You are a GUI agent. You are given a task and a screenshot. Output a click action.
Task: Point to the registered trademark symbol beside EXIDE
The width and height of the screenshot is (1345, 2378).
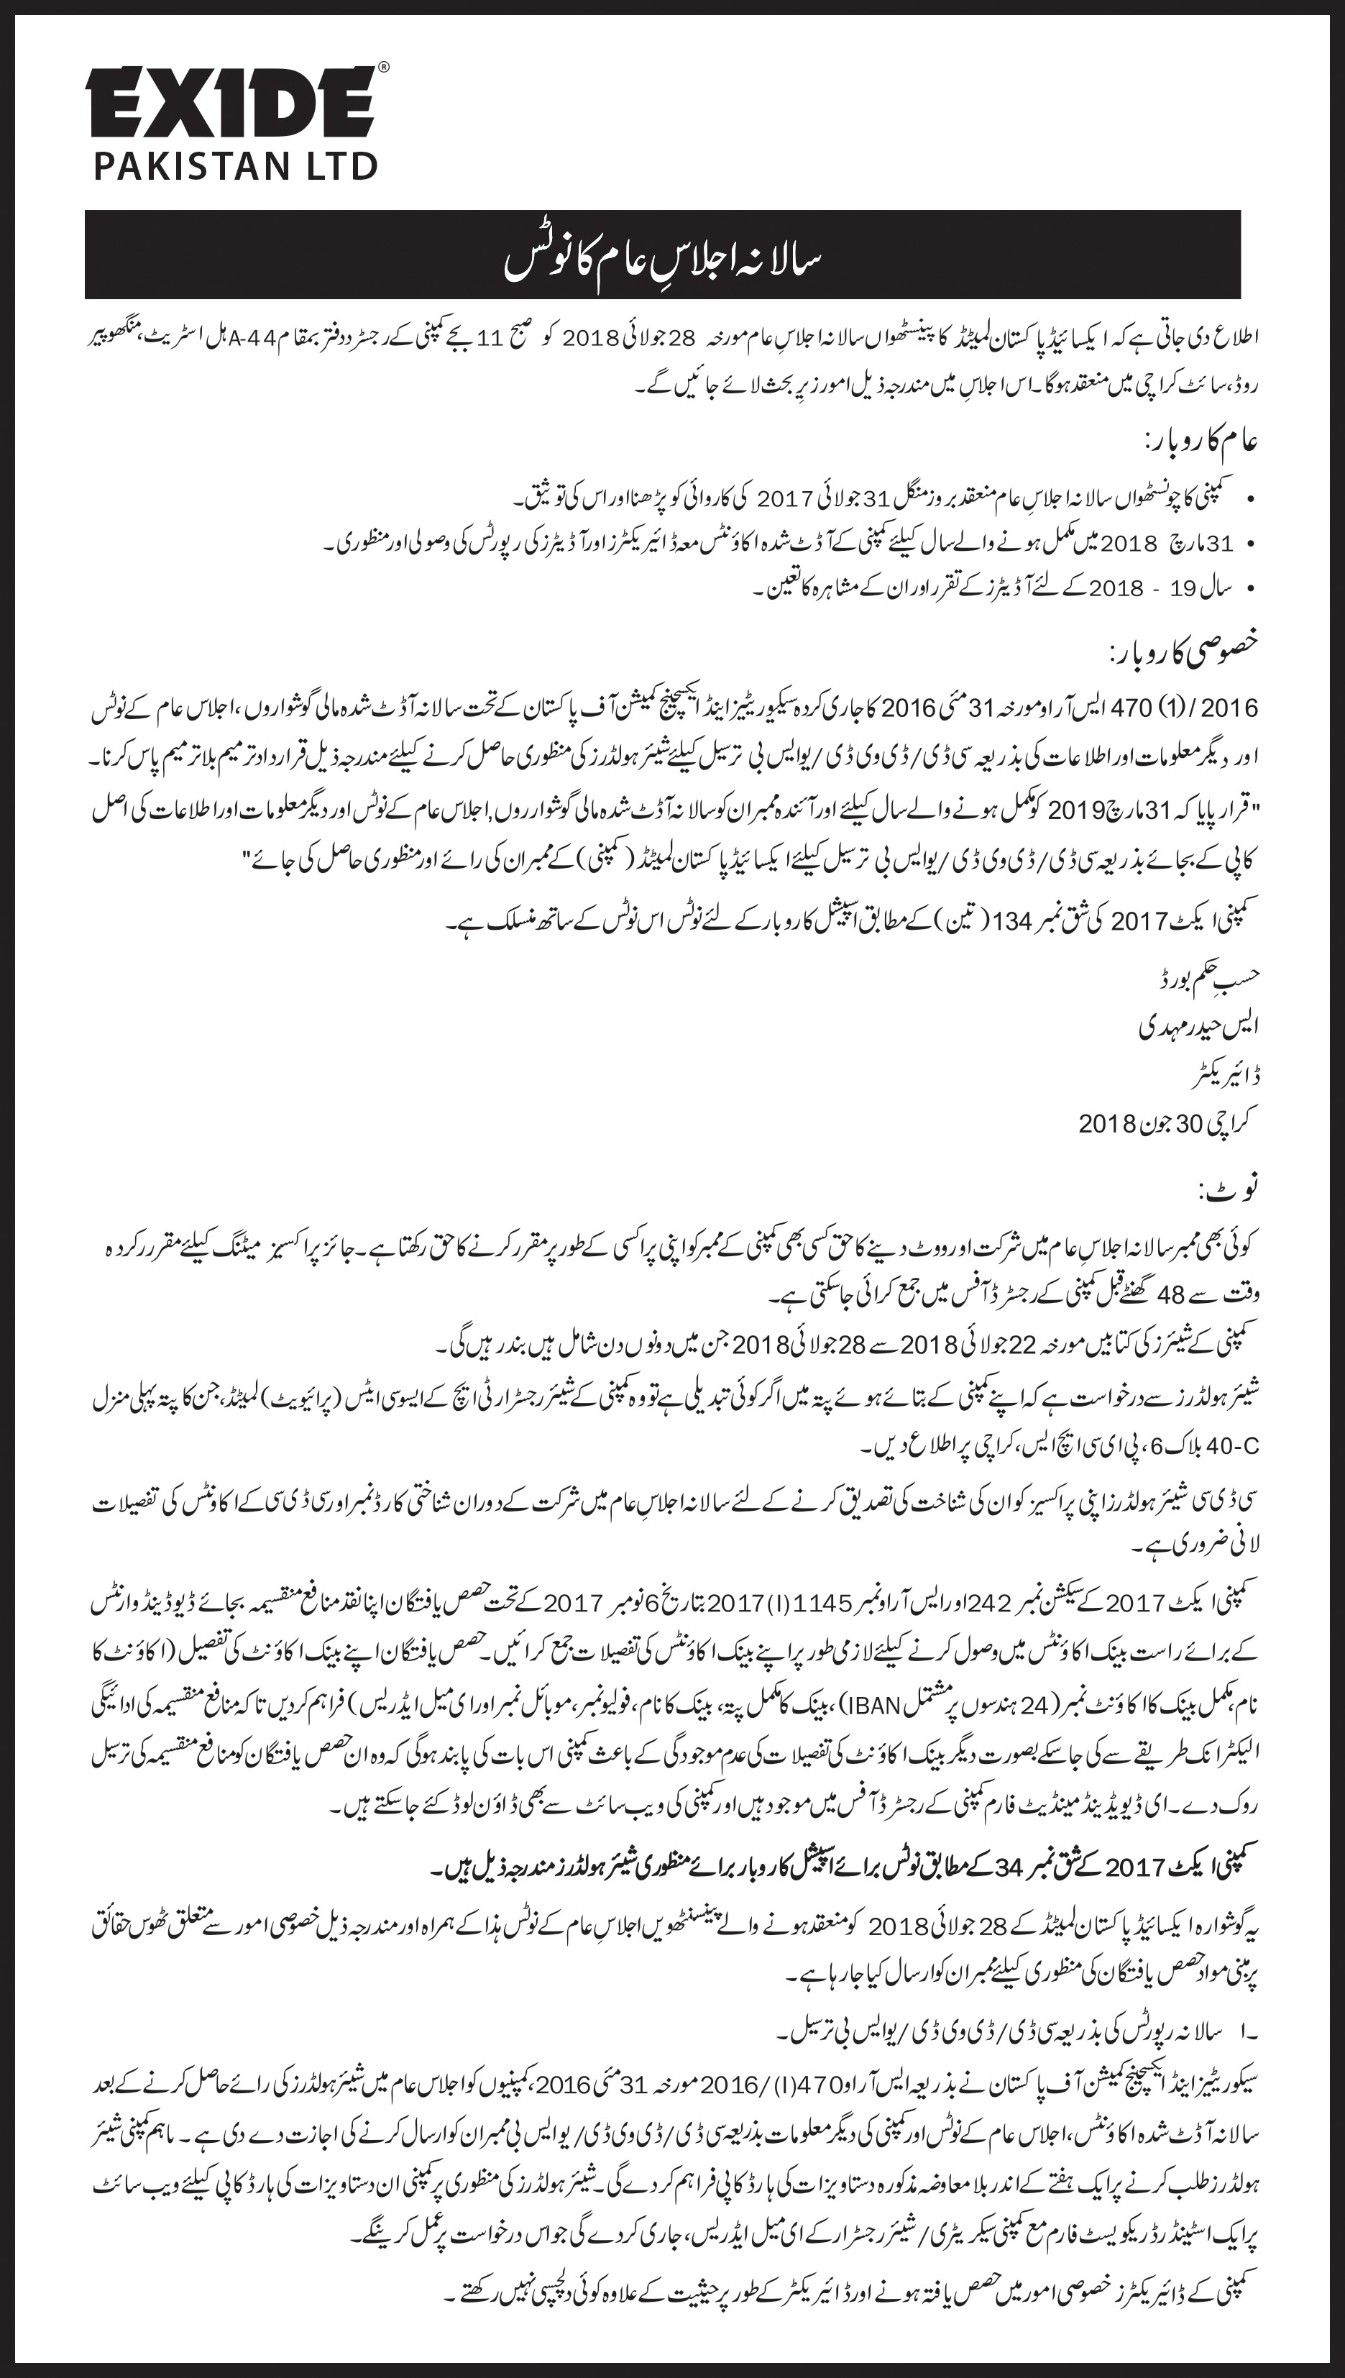click(x=383, y=68)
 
